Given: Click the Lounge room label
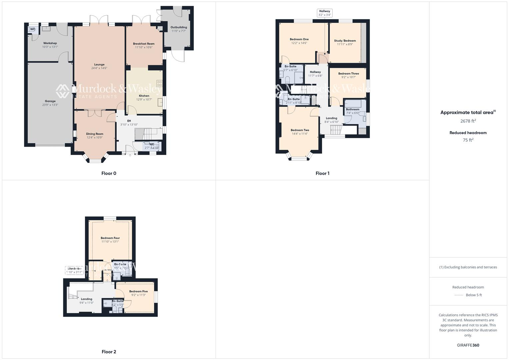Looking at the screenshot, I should pyautogui.click(x=99, y=64).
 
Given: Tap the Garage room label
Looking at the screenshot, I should pyautogui.click(x=50, y=101).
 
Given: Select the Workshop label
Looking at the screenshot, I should pyautogui.click(x=50, y=43).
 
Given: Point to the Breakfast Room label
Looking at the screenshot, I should pyautogui.click(x=144, y=44).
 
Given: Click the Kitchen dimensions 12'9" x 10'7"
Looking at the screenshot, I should pyautogui.click(x=144, y=99).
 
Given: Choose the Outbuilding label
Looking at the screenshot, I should pyautogui.click(x=179, y=27).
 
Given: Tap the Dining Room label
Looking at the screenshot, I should pyautogui.click(x=95, y=134).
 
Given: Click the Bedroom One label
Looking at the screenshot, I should pyautogui.click(x=299, y=39).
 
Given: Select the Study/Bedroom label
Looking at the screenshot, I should pyautogui.click(x=345, y=41).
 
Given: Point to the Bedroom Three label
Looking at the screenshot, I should pyautogui.click(x=348, y=74).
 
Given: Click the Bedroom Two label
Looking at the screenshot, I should pyautogui.click(x=300, y=130).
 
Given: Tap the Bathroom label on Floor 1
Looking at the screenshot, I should pyautogui.click(x=352, y=109).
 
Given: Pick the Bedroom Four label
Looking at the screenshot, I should pyautogui.click(x=110, y=238).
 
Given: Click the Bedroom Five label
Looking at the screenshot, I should pyautogui.click(x=138, y=291).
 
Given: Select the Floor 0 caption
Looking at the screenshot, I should pyautogui.click(x=109, y=173).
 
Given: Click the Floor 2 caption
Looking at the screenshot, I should pyautogui.click(x=109, y=352).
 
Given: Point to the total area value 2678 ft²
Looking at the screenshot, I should pyautogui.click(x=468, y=121).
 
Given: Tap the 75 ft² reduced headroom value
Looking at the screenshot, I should pyautogui.click(x=468, y=140).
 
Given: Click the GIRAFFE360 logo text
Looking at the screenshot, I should pyautogui.click(x=468, y=345).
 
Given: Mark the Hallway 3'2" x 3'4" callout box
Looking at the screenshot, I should pyautogui.click(x=324, y=13).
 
